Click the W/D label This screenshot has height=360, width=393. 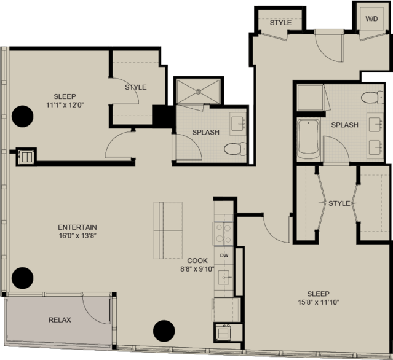(371, 19)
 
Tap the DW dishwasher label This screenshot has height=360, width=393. (224, 256)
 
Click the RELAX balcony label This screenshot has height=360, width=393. (60, 319)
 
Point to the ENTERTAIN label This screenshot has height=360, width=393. (77, 227)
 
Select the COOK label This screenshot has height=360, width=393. (197, 260)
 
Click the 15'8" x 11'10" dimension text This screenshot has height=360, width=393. (319, 302)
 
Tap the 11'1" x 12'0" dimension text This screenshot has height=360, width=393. (65, 105)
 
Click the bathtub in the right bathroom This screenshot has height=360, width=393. (309, 139)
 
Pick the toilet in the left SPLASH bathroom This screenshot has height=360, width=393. (235, 149)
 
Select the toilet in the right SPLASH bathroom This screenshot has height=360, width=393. (372, 97)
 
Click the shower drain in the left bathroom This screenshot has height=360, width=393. (198, 92)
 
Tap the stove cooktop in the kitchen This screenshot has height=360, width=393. (223, 233)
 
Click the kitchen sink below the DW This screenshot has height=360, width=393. (224, 278)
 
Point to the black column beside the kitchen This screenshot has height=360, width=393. (164, 331)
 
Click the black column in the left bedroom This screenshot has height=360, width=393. (23, 116)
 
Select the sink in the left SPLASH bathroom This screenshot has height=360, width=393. (237, 123)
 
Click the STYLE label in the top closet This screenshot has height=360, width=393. (280, 23)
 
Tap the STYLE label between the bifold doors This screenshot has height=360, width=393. (339, 203)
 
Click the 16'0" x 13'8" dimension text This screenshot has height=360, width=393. (77, 235)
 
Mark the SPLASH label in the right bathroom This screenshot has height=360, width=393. (344, 125)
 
